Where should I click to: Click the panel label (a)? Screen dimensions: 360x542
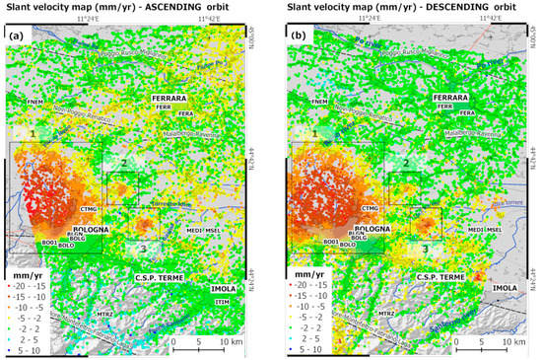point(16,36)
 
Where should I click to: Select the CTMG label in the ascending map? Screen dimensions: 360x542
point(96,209)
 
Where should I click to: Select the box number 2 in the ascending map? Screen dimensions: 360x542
point(122,162)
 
